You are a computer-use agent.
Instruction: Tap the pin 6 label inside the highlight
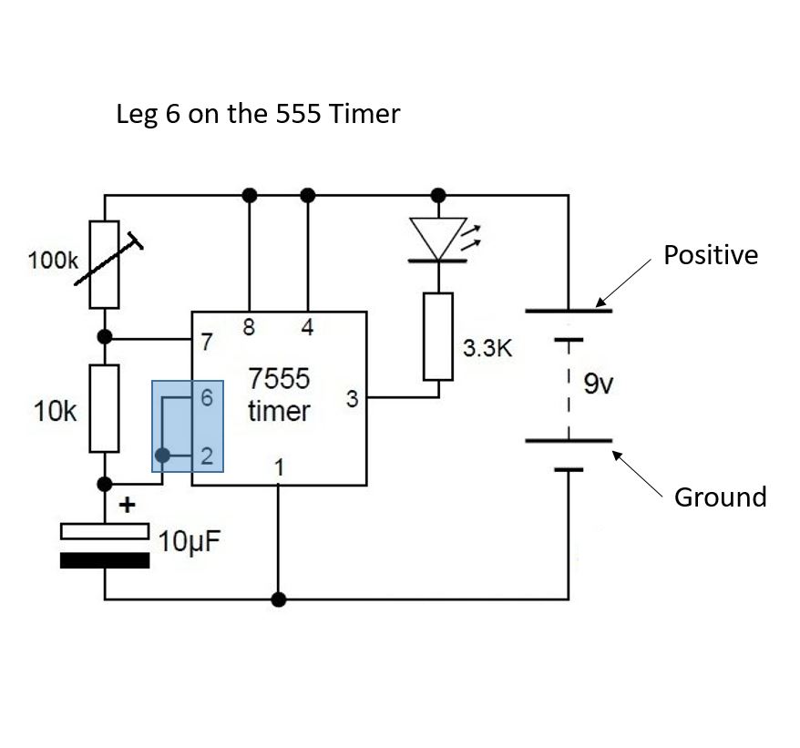coord(208,398)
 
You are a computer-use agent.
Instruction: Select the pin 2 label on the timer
coord(208,456)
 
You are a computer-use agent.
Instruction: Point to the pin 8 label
coord(248,327)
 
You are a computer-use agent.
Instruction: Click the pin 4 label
coord(308,327)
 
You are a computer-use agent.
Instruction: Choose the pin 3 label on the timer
coord(351,398)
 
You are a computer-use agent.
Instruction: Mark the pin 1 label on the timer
coord(280,468)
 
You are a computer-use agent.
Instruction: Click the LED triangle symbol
coord(438,238)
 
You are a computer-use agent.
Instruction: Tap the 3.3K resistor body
coord(438,336)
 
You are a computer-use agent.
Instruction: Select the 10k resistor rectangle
coord(104,408)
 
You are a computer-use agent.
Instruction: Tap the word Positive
coord(710,255)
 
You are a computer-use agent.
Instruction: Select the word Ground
coord(720,497)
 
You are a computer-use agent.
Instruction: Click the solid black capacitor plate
coord(104,560)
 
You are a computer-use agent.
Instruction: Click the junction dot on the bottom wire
coord(280,599)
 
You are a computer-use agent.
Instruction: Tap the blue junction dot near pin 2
coord(162,456)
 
